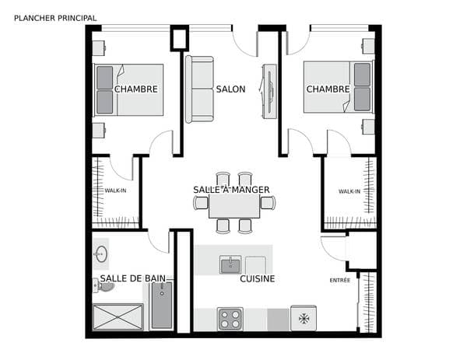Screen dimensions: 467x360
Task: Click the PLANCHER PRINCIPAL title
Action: tap(55, 18)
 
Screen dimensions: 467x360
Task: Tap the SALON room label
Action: tap(231, 89)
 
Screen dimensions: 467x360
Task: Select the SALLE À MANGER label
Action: tap(231, 190)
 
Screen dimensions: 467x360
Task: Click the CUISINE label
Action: tap(258, 279)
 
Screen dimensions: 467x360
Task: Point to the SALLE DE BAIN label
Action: tap(133, 278)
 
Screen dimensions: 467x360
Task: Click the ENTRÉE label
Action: tap(340, 280)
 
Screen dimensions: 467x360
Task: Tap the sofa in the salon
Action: tap(199, 89)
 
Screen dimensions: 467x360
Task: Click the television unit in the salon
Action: tap(269, 91)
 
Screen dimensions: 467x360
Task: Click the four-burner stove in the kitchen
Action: tap(230, 319)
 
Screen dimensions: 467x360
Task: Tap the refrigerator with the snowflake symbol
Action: tap(304, 318)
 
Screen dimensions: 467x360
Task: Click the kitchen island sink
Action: tap(230, 264)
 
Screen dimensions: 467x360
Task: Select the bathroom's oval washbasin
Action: tap(101, 254)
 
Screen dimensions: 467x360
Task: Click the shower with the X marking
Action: tap(118, 317)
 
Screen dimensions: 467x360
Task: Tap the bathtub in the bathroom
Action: tap(162, 306)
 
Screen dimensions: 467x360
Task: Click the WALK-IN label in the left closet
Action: tap(115, 190)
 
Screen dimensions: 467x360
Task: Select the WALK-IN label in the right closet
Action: tap(349, 191)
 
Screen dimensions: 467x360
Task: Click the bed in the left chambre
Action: tap(128, 90)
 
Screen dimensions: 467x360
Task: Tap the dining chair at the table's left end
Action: tap(201, 203)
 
